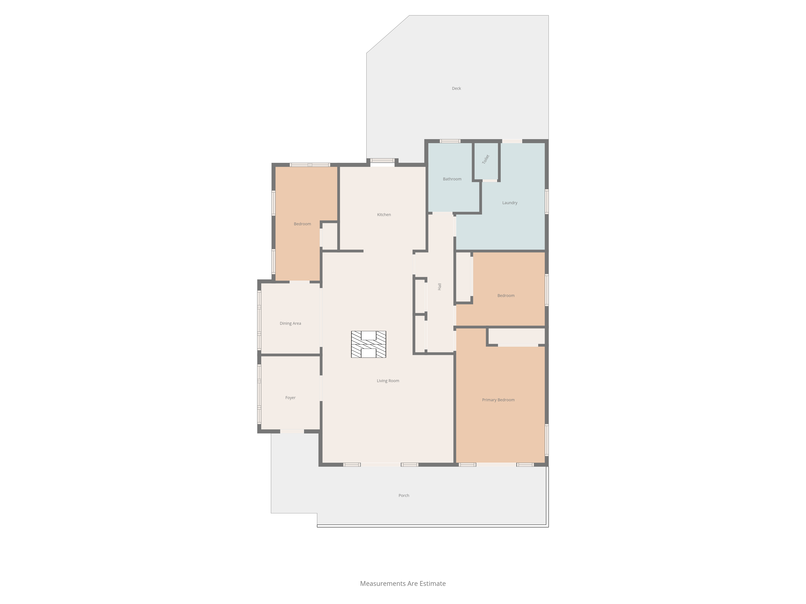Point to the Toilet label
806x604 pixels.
(486, 159)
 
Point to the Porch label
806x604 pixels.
(404, 495)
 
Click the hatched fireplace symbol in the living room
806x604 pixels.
(368, 344)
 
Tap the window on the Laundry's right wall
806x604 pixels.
(546, 201)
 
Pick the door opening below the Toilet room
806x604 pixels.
(490, 181)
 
